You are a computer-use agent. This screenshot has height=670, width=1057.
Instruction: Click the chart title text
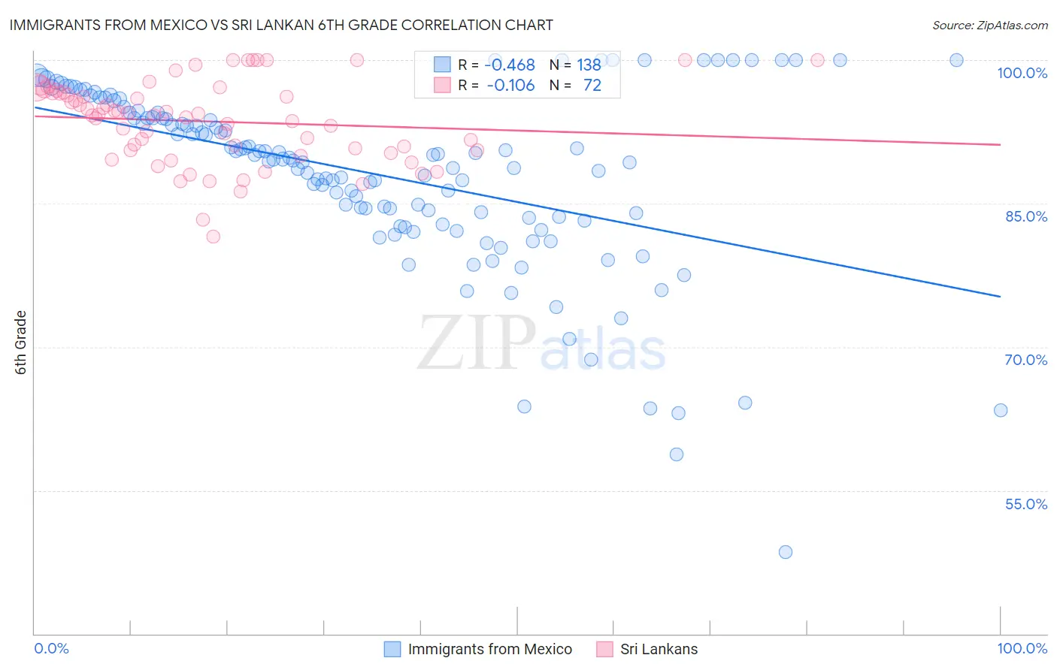[x=281, y=25]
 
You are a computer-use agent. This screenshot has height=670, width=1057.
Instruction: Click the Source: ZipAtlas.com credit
[x=989, y=25]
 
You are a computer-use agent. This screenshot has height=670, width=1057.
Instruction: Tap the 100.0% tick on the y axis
[x=1022, y=73]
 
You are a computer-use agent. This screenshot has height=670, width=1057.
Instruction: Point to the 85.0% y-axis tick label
[x=1025, y=216]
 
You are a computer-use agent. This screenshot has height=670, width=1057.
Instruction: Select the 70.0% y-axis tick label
[x=1025, y=360]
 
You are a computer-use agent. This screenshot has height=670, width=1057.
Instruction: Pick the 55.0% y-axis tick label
[x=1025, y=504]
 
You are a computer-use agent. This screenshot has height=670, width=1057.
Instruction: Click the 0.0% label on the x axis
[x=52, y=648]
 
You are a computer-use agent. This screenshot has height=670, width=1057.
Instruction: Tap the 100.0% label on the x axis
[x=1022, y=648]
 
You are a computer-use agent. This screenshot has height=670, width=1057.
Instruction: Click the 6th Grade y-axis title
[x=21, y=343]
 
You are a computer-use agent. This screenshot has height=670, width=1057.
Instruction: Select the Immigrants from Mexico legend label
[x=489, y=649]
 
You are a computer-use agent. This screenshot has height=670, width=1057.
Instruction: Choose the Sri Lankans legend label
[x=659, y=649]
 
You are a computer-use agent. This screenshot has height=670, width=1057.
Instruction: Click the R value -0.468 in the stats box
[x=510, y=65]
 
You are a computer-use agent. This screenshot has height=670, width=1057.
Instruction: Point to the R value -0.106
[x=510, y=85]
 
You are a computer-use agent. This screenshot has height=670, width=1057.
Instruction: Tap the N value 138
[x=589, y=65]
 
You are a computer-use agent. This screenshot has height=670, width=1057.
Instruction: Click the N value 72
[x=592, y=85]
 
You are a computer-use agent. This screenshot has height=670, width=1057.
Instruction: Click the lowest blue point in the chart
[x=786, y=552]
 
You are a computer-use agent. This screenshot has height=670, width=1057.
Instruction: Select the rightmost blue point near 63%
[x=1001, y=410]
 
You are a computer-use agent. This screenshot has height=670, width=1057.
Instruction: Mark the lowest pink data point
[x=213, y=237]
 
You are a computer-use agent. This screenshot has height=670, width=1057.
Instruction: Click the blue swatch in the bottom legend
[x=392, y=649]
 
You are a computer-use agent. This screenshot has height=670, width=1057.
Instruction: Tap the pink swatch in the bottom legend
[x=604, y=649]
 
